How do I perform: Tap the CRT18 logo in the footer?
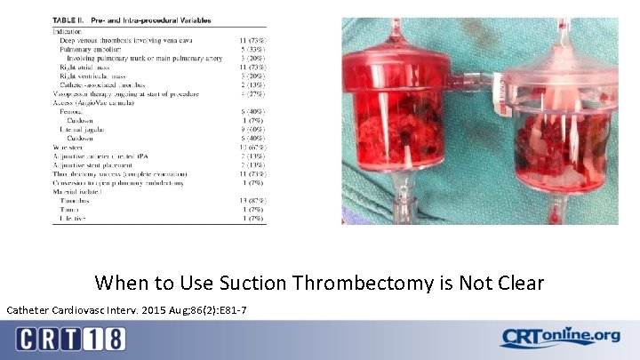pos(70,339)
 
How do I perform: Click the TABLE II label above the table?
pos(76,19)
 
